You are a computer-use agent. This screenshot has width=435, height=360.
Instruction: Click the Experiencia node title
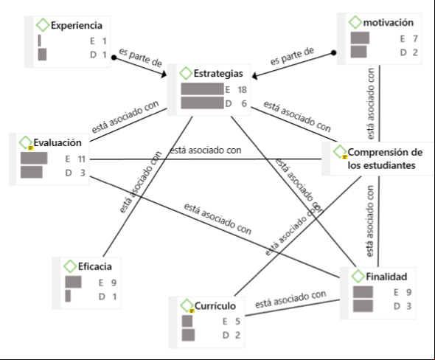[77, 26]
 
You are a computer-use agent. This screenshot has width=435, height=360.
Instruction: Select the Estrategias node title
[218, 74]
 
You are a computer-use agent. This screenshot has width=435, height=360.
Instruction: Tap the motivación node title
[388, 22]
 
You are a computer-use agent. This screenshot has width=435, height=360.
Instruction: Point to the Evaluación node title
[58, 142]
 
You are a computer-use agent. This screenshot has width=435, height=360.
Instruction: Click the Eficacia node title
[95, 266]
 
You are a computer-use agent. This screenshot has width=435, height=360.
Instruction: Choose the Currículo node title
[215, 306]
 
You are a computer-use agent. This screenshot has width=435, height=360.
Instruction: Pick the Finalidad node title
[386, 277]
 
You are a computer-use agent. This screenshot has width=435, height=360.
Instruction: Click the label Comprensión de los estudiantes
[385, 159]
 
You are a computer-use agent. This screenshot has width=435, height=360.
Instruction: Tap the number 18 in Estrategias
[242, 90]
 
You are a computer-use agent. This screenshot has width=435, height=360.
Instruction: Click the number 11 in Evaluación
[81, 159]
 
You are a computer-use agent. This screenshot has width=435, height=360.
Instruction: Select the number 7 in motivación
[415, 38]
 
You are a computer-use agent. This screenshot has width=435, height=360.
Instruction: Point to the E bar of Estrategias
[202, 89]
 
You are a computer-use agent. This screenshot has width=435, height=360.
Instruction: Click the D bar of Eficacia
[68, 296]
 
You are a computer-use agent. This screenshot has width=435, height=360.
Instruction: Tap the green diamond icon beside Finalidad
[358, 276]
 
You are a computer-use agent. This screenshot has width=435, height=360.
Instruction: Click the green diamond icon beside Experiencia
[43, 25]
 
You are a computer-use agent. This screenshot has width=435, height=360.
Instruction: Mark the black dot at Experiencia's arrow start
[114, 58]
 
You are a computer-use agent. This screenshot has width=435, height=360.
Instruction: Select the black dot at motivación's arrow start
[334, 52]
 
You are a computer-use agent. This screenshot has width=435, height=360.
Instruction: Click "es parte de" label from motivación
[293, 56]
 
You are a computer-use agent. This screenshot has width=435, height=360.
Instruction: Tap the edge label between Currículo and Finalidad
[290, 299]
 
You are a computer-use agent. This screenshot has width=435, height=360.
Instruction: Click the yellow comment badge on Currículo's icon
[192, 311]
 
